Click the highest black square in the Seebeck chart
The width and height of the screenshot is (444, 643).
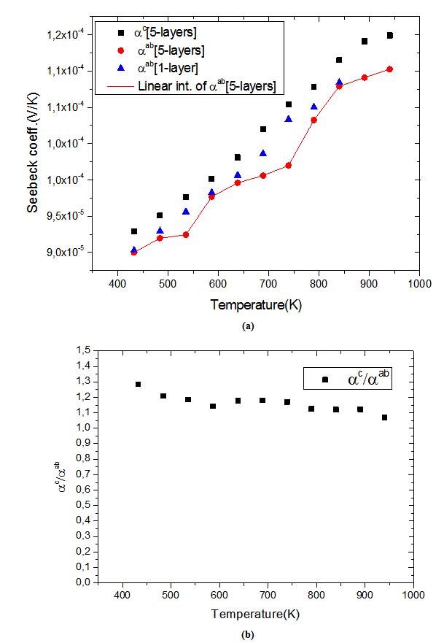coord(390,35)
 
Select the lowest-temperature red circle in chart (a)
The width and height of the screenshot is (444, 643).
coord(134,252)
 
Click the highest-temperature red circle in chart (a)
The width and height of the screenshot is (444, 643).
coord(390,69)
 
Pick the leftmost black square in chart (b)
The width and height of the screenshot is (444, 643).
coord(138,384)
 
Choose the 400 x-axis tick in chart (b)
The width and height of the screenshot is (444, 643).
coord(122,596)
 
